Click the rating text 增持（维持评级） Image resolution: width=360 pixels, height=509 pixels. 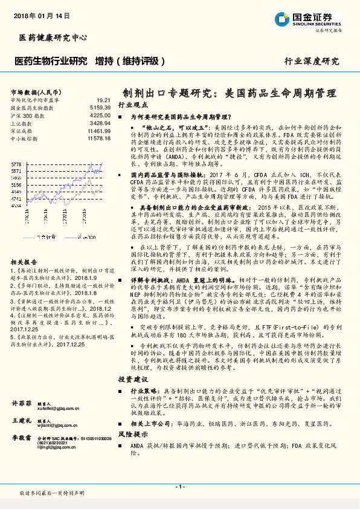130,61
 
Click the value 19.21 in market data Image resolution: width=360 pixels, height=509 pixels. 103,100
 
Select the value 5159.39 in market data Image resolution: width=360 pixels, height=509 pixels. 100,107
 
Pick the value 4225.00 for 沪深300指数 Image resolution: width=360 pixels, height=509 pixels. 100,114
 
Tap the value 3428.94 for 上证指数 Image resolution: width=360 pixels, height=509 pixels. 100,122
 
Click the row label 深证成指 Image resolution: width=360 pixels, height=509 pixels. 21,130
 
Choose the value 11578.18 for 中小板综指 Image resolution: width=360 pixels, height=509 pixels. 98,138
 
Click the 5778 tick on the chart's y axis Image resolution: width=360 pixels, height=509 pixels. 16,164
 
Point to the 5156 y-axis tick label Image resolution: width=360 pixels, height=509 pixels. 16,187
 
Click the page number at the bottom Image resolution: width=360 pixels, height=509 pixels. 180,487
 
